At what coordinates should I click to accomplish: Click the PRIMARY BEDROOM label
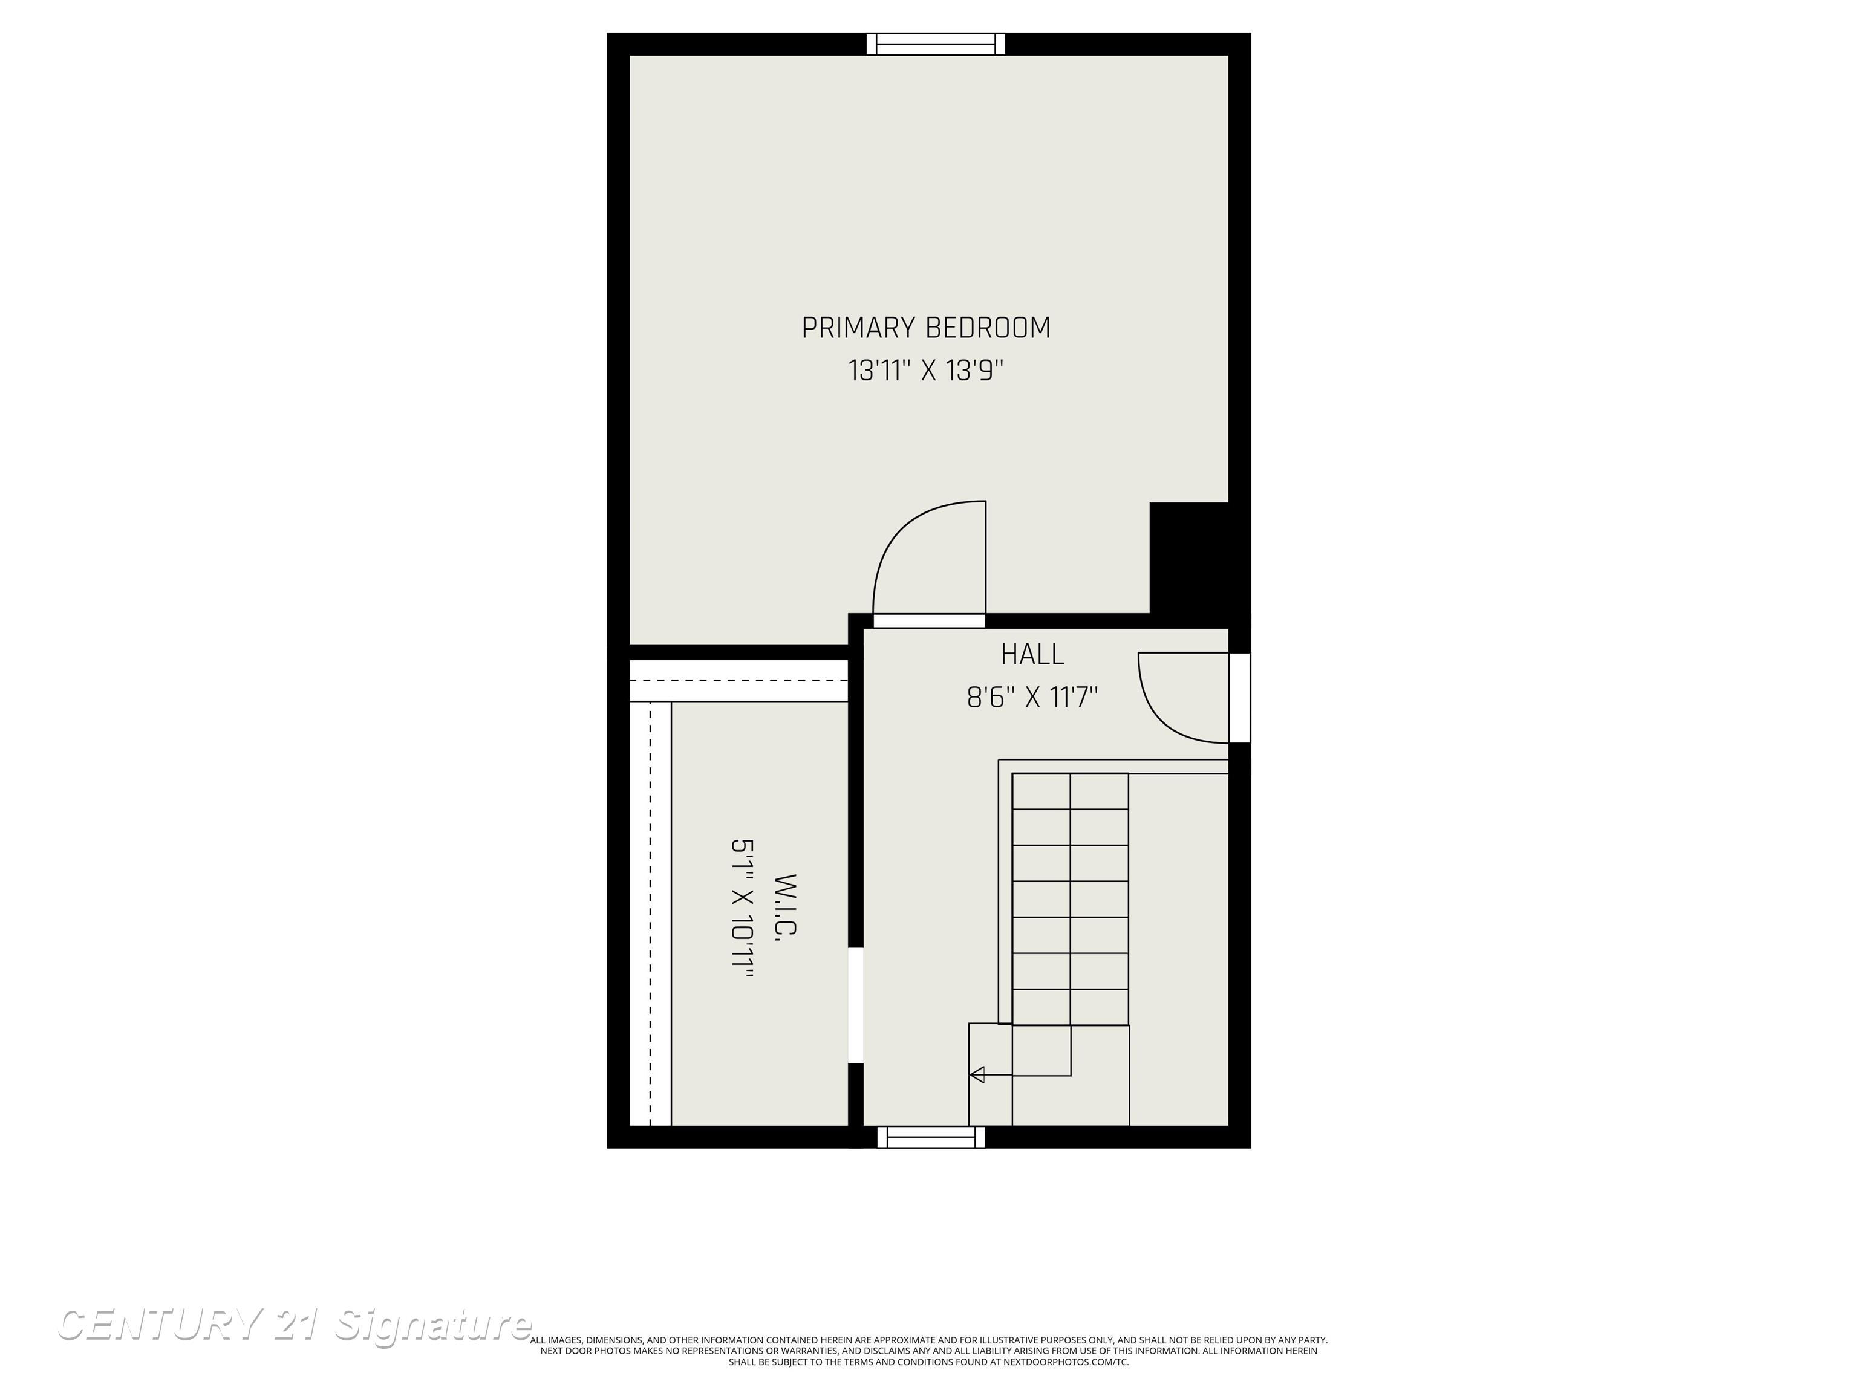click(x=925, y=328)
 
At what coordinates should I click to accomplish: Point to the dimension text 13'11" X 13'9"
click(x=925, y=370)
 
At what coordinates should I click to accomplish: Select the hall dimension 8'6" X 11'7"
click(x=1032, y=697)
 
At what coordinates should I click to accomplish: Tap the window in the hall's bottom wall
click(x=931, y=1137)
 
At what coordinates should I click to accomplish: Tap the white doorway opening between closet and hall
click(x=856, y=1005)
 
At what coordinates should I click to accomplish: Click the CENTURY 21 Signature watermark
click(x=294, y=1326)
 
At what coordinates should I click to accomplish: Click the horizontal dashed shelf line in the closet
click(x=739, y=680)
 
